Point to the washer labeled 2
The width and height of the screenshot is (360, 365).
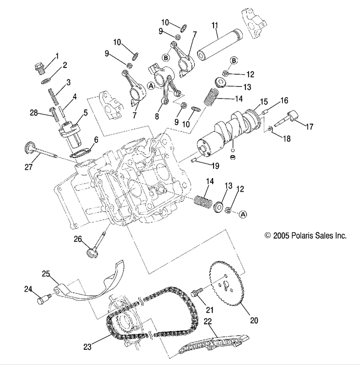pos(46,81)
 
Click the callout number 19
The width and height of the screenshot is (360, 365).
pos(215,166)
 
